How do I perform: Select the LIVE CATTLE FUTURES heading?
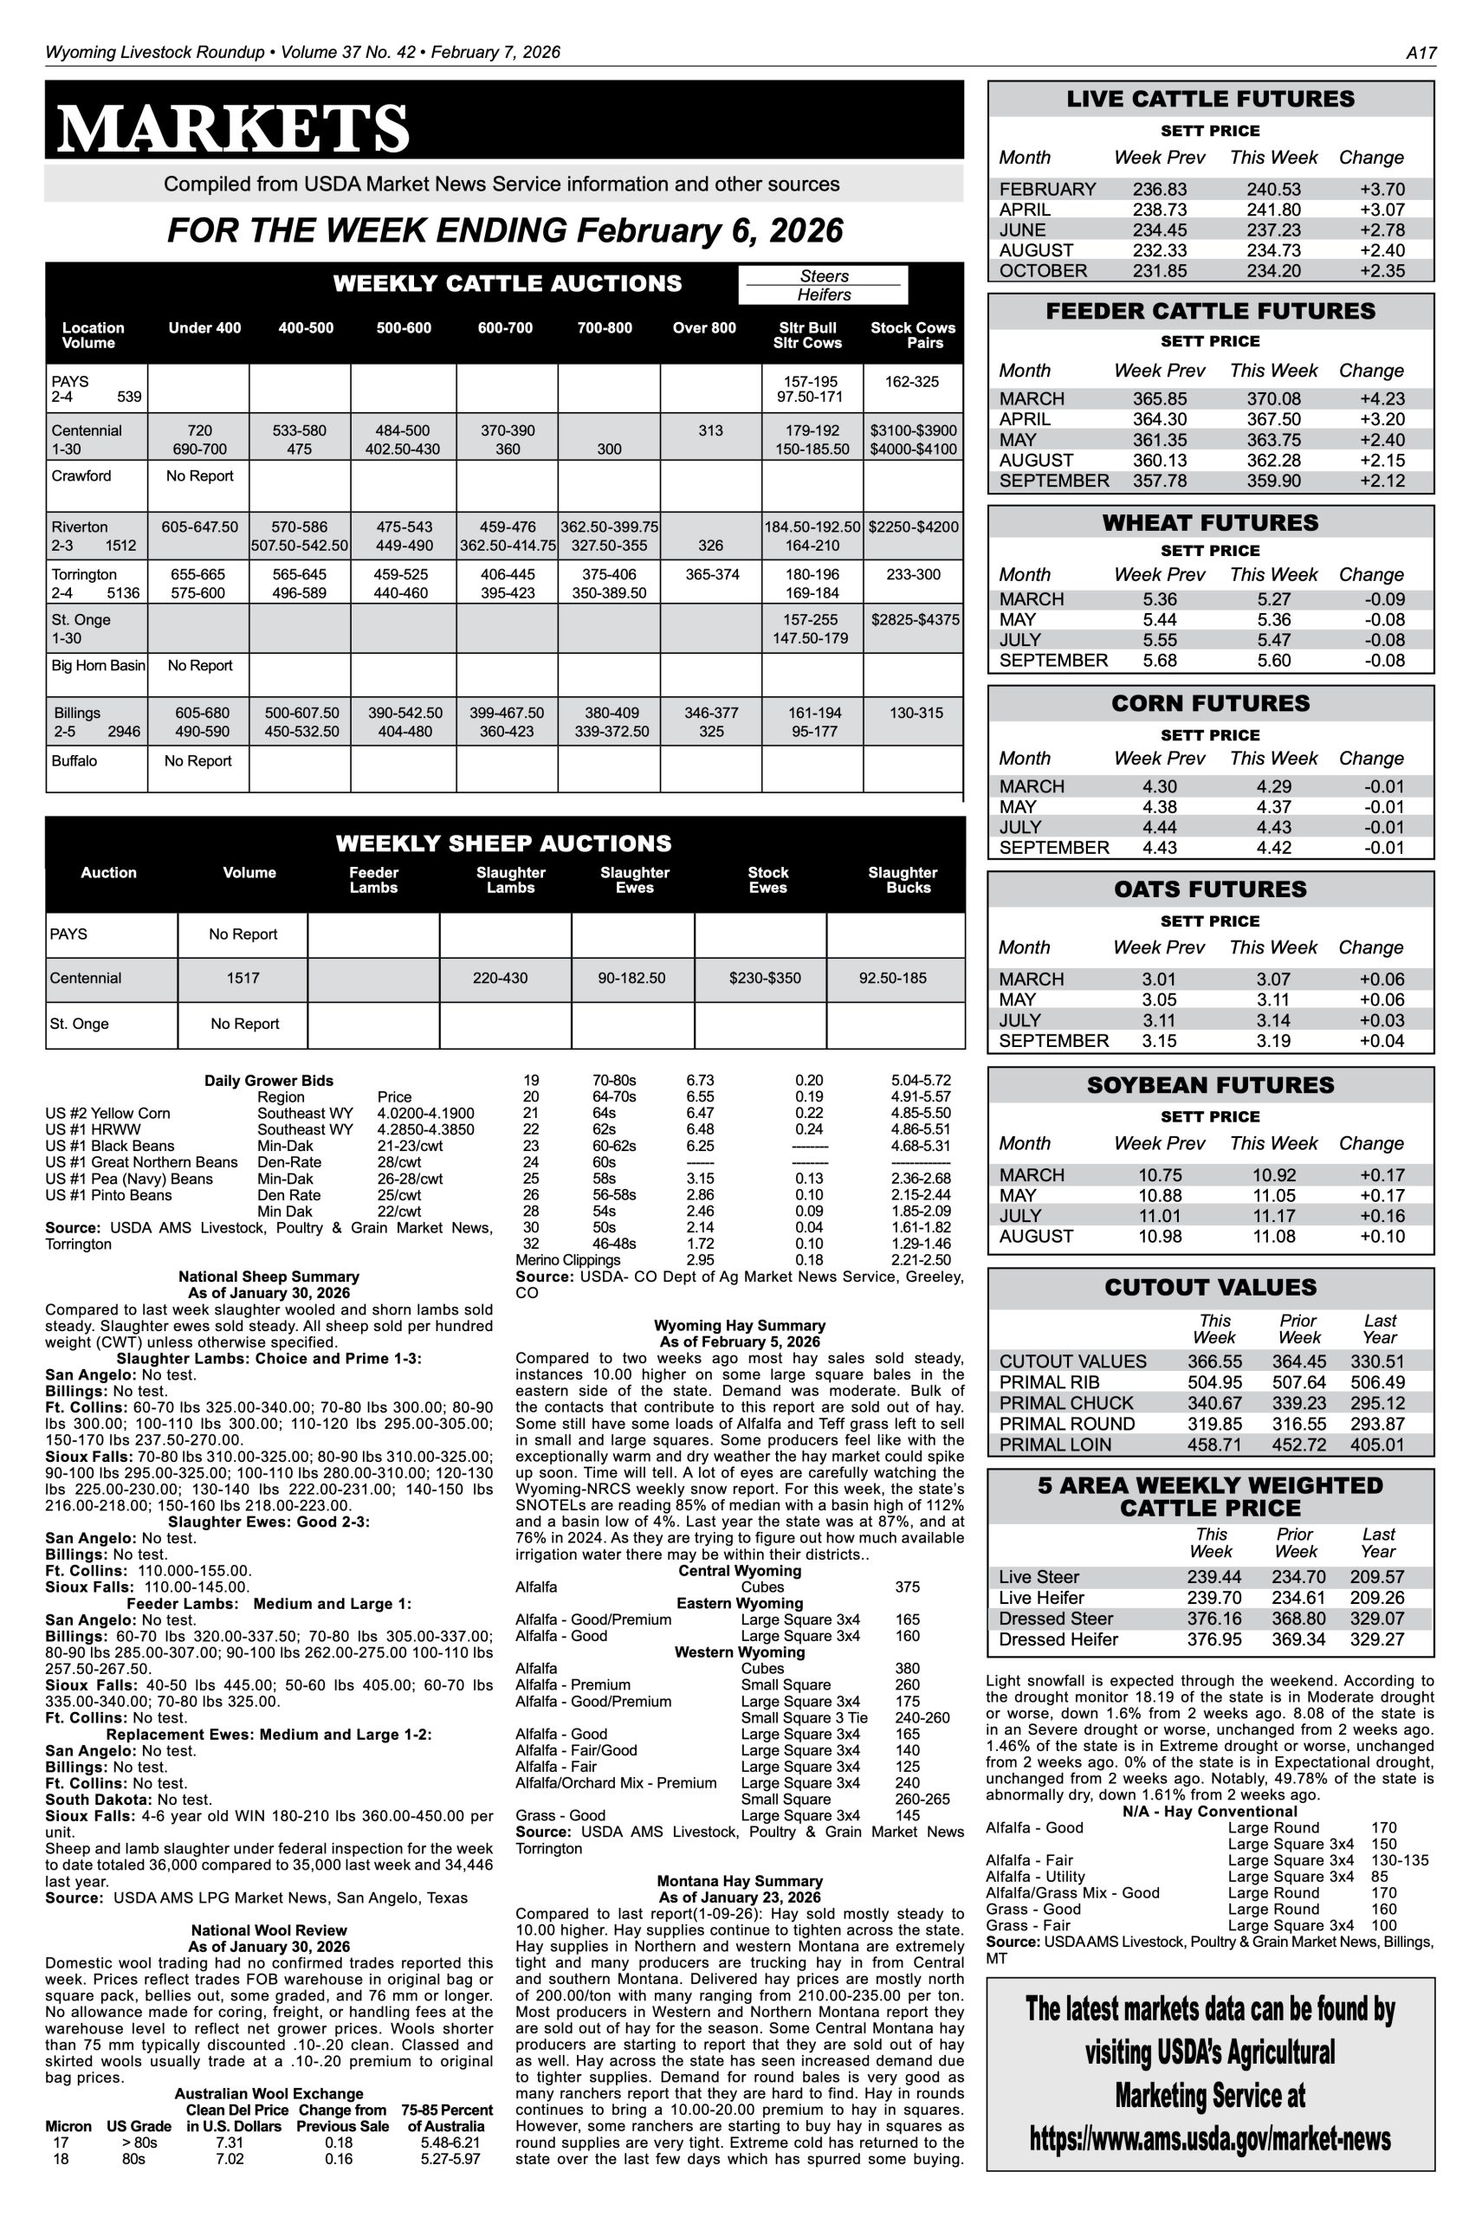(1210, 100)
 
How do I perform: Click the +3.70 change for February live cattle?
(1382, 189)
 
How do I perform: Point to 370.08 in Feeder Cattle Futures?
(1273, 398)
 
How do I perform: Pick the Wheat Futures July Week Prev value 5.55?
(1159, 640)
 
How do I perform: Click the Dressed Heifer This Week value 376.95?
(1213, 1639)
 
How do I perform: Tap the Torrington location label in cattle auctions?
(84, 574)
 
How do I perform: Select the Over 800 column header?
(704, 328)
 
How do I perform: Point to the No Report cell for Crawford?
(199, 476)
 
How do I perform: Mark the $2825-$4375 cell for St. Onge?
(914, 620)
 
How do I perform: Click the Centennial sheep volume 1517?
(243, 978)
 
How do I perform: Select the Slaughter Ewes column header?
(634, 880)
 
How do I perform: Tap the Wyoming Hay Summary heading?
(739, 1325)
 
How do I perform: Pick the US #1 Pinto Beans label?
(108, 1195)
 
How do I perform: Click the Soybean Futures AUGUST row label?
(1036, 1236)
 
